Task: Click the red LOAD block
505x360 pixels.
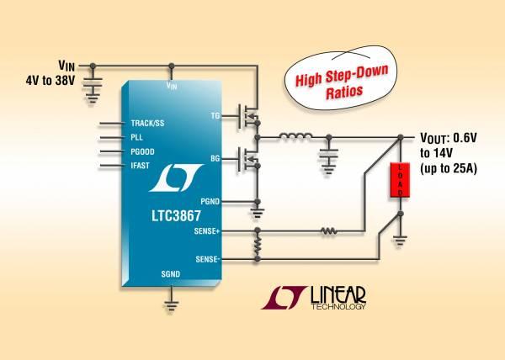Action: [400, 180]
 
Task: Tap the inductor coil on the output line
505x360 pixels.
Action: [295, 136]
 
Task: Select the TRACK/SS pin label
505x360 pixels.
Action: [147, 123]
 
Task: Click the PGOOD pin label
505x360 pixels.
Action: [142, 151]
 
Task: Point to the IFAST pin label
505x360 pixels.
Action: [140, 166]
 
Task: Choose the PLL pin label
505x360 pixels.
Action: [136, 137]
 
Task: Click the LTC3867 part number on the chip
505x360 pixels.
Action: [176, 216]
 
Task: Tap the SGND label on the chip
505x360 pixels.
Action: [170, 274]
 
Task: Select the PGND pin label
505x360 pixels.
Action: [210, 202]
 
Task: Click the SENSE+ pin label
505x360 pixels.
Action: [207, 231]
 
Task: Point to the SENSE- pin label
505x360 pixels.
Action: [208, 259]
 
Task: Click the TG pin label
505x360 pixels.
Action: [215, 116]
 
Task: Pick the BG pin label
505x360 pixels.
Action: [215, 159]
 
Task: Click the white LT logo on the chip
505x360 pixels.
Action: [176, 177]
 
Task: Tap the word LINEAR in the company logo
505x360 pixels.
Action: [338, 295]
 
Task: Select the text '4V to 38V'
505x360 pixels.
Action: [50, 81]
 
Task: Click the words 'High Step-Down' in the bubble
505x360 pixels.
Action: [342, 76]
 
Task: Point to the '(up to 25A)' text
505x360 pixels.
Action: [449, 168]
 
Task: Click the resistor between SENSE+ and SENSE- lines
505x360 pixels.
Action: [258, 245]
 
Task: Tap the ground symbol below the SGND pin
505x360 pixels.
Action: [171, 305]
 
